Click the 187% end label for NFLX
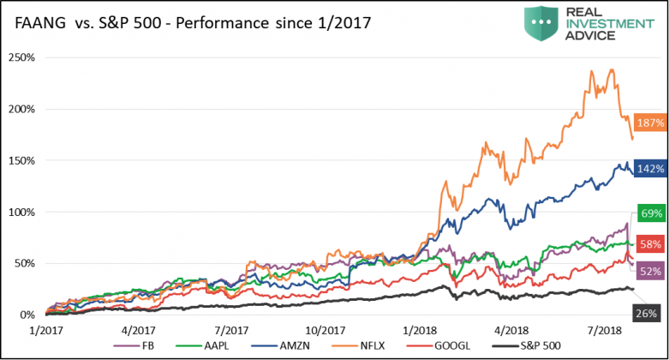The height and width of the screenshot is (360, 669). (648, 123)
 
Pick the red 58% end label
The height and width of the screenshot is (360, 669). (648, 243)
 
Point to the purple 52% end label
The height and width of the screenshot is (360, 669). (648, 271)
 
